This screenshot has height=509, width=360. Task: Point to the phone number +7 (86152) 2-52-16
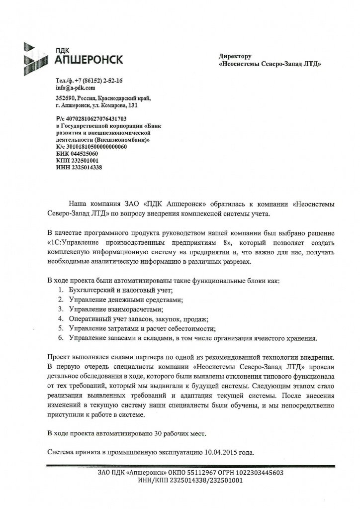point(97,80)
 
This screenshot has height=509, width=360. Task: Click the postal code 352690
point(66,98)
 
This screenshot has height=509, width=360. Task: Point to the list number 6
point(60,338)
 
